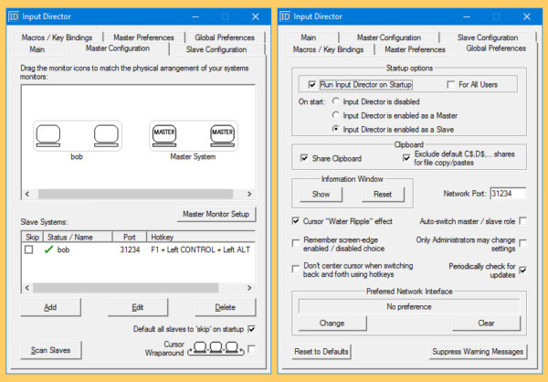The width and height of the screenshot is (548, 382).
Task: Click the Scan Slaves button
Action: click(x=51, y=350)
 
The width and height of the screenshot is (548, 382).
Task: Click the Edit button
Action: click(x=138, y=307)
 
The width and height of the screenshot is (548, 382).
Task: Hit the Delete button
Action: click(x=224, y=307)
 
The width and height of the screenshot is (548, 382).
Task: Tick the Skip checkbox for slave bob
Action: click(x=29, y=249)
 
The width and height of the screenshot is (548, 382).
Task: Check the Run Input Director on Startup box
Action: click(x=312, y=84)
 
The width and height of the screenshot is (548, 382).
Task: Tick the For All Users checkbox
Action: click(x=451, y=84)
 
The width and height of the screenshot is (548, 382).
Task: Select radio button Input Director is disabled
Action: click(x=336, y=101)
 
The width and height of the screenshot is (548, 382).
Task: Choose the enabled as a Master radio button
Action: click(x=336, y=115)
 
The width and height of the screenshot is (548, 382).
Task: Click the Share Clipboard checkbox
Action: click(x=304, y=158)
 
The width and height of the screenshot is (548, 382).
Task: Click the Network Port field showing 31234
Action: click(x=507, y=194)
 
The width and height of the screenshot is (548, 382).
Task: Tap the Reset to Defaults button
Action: click(x=321, y=351)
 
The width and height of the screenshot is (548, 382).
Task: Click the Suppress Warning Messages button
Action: click(x=477, y=351)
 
